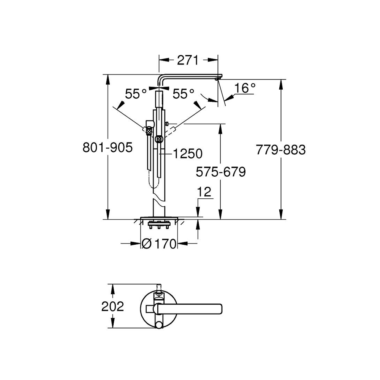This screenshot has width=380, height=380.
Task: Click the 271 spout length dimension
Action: (x=188, y=60)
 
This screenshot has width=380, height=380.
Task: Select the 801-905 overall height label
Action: (x=108, y=147)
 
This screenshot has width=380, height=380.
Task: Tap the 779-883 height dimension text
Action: (x=281, y=150)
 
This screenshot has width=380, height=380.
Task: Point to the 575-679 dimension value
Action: (x=221, y=172)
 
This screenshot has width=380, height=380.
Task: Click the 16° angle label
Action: (x=245, y=88)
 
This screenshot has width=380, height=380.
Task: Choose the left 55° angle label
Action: (x=136, y=93)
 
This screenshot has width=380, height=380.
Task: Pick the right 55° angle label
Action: (x=184, y=93)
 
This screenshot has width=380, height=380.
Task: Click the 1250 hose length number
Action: (x=188, y=154)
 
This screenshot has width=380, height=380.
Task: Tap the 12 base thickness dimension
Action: (x=204, y=192)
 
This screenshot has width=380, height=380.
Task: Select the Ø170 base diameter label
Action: (x=159, y=244)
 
